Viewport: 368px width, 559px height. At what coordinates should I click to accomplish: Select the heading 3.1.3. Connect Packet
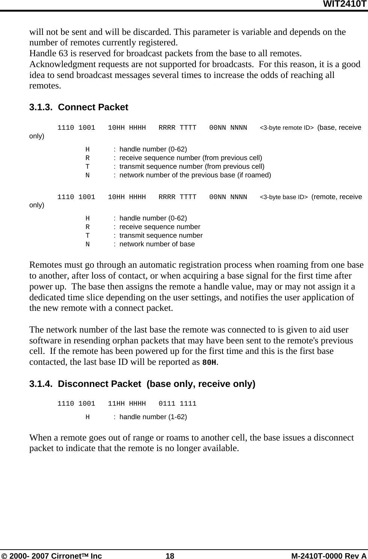[x=79, y=107]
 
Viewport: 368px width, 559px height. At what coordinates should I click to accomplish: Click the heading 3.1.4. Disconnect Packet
[x=142, y=384]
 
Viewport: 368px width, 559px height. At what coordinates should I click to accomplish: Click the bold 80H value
[x=209, y=363]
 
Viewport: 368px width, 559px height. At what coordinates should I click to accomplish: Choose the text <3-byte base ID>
[x=284, y=197]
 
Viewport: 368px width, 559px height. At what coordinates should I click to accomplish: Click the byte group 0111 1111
[x=177, y=404]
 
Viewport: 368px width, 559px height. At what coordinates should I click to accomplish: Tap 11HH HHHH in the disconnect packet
[x=127, y=404]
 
